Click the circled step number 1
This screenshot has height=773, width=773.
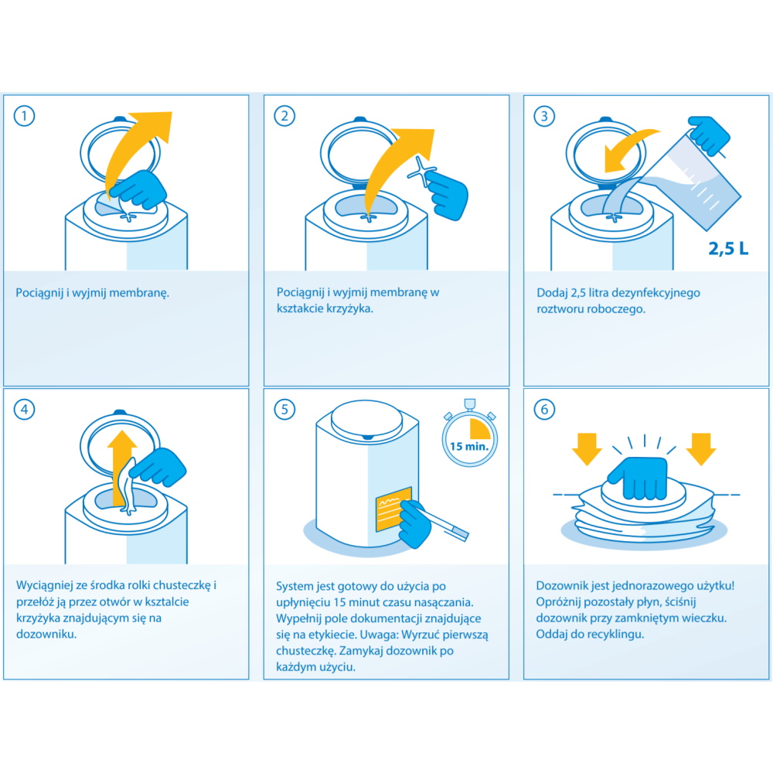24,117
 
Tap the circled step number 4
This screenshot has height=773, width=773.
24,409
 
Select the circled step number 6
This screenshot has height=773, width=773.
544,409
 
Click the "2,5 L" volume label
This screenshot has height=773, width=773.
728,248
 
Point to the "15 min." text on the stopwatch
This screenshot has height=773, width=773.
469,447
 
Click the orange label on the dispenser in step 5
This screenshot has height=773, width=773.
393,509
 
